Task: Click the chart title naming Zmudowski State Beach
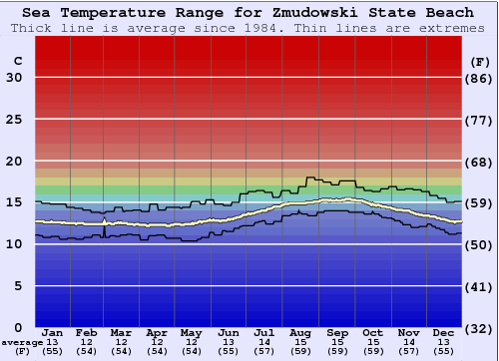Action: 249,13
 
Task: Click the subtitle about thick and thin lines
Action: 249,28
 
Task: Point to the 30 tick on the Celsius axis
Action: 14,78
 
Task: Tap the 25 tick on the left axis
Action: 14,120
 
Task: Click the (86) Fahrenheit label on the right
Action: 481,78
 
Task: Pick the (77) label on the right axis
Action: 481,120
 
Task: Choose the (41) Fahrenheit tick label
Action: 481,286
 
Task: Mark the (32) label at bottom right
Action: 481,328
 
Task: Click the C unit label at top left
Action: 17,61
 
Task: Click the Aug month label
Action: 299,332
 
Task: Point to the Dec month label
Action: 444,332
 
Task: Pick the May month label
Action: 191,332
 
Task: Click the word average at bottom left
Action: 22,342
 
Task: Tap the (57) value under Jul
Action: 263,351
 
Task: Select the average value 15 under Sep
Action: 336,342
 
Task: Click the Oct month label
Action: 372,332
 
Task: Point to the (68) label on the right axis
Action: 481,162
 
